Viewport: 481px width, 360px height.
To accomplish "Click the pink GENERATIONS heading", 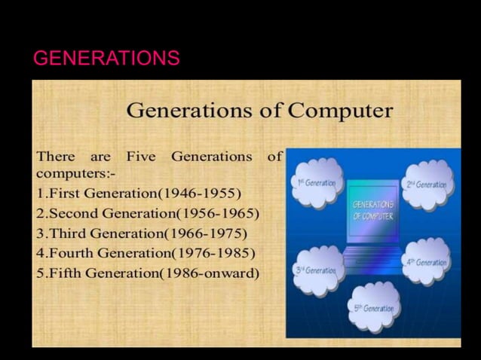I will [106, 58].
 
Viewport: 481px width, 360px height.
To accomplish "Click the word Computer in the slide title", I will [342, 111].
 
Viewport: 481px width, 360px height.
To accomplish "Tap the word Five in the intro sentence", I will [140, 157].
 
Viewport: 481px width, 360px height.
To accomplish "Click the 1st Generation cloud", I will [317, 183].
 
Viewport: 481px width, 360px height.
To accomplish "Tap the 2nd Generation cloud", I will [427, 184].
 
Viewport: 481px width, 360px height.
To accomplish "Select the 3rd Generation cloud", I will [317, 270].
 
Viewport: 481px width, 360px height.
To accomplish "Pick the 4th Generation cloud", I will [427, 262].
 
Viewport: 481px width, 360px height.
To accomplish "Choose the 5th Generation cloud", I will [374, 307].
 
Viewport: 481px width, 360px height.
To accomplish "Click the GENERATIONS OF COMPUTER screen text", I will [372, 210].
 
